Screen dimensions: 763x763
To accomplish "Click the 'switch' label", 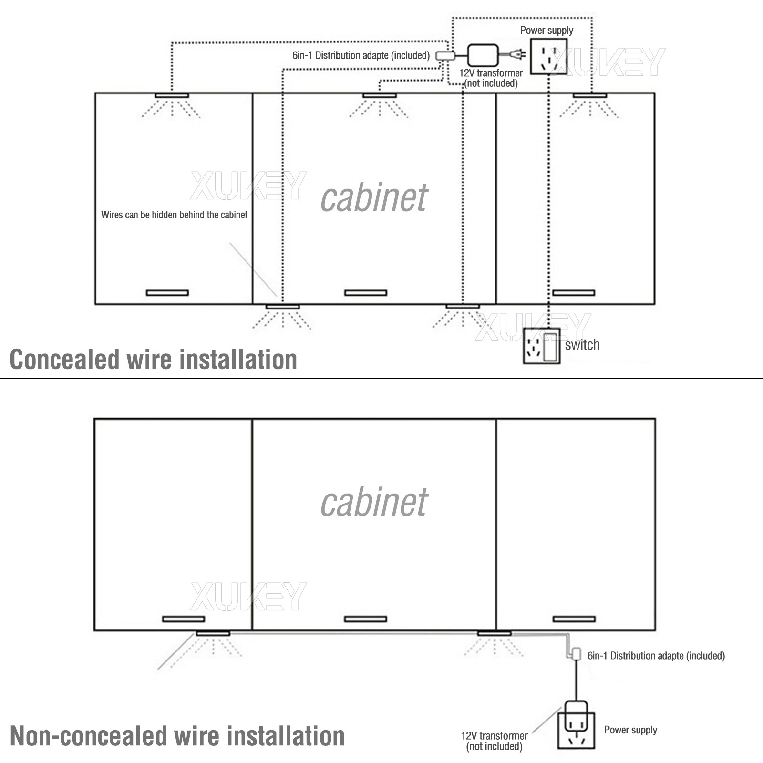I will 582,345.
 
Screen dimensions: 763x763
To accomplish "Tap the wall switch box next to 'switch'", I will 542,346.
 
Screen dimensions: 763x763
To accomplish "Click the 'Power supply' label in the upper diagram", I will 546,31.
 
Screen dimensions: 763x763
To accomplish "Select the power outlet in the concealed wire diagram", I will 549,56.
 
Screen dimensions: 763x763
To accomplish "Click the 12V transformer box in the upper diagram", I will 483,55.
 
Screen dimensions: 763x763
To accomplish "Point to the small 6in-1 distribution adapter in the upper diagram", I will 444,55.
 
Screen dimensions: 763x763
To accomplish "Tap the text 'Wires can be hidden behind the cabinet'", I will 174,215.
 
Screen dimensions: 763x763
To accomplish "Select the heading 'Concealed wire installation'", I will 153,359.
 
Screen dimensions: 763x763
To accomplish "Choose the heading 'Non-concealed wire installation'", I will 177,736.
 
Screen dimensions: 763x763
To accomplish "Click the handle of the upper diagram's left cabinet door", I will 167,292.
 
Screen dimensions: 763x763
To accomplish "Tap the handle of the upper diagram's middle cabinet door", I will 365,292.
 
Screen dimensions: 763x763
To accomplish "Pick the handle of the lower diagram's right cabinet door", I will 574,619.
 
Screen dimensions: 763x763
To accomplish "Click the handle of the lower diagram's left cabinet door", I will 183,619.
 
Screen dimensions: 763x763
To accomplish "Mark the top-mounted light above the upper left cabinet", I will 172,96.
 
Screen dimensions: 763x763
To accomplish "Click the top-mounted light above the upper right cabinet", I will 589,96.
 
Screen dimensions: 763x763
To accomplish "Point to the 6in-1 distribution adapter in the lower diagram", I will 576,654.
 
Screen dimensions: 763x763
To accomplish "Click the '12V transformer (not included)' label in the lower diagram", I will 494,741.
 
